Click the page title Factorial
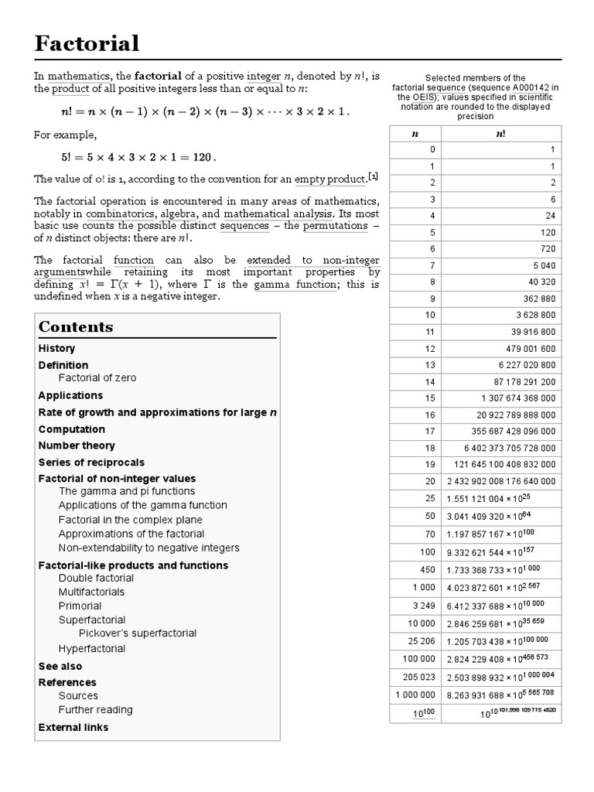[x=87, y=43]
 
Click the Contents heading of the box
[x=76, y=326]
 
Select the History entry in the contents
[x=56, y=349]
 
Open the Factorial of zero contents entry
[x=97, y=377]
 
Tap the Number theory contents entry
[x=77, y=445]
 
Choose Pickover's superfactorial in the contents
[x=138, y=633]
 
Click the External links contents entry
[x=73, y=727]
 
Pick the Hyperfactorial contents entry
[x=91, y=648]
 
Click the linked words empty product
[x=329, y=179]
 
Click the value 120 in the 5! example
[x=201, y=157]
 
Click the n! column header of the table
[x=500, y=133]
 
